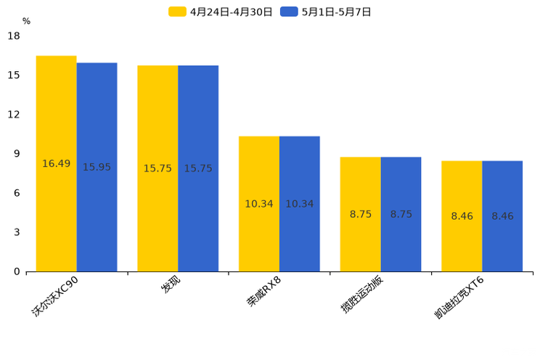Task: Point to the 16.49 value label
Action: [56, 164]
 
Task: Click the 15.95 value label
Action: [97, 168]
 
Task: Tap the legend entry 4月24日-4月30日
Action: [221, 12]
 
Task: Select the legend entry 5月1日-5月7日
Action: [327, 12]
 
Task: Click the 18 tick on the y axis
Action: [13, 36]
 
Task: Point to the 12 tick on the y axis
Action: [13, 115]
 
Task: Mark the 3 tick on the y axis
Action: [16, 232]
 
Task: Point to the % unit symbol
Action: [26, 21]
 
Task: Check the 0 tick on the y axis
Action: [16, 271]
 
